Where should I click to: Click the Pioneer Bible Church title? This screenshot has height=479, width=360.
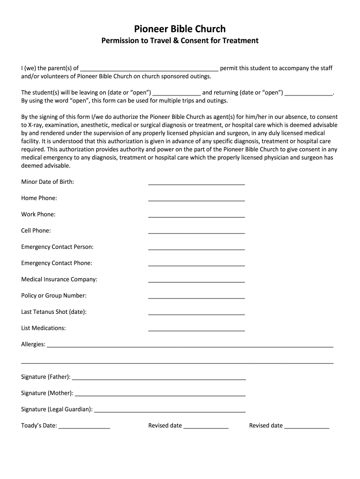(x=180, y=29)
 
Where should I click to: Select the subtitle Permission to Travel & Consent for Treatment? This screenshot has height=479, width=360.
(x=180, y=41)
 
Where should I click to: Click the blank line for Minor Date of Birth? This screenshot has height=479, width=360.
(x=196, y=183)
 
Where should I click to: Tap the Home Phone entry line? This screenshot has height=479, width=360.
(x=196, y=200)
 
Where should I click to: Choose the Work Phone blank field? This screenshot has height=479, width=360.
(x=196, y=216)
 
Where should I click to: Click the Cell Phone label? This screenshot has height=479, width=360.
(x=36, y=231)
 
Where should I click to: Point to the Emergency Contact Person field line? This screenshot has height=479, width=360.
(x=196, y=248)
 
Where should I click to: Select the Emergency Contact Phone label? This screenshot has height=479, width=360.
(x=57, y=263)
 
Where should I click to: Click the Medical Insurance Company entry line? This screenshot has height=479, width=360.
(x=196, y=281)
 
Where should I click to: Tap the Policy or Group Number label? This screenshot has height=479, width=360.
(x=54, y=296)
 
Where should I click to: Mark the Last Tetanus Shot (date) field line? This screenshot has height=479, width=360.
(x=196, y=313)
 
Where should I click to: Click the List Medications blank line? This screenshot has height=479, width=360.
(x=196, y=330)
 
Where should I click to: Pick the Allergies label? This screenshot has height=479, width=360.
(x=33, y=344)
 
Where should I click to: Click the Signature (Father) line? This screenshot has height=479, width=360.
(x=159, y=378)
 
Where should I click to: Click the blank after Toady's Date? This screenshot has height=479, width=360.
(x=84, y=428)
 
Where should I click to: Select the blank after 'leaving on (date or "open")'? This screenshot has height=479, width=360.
(x=177, y=94)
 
